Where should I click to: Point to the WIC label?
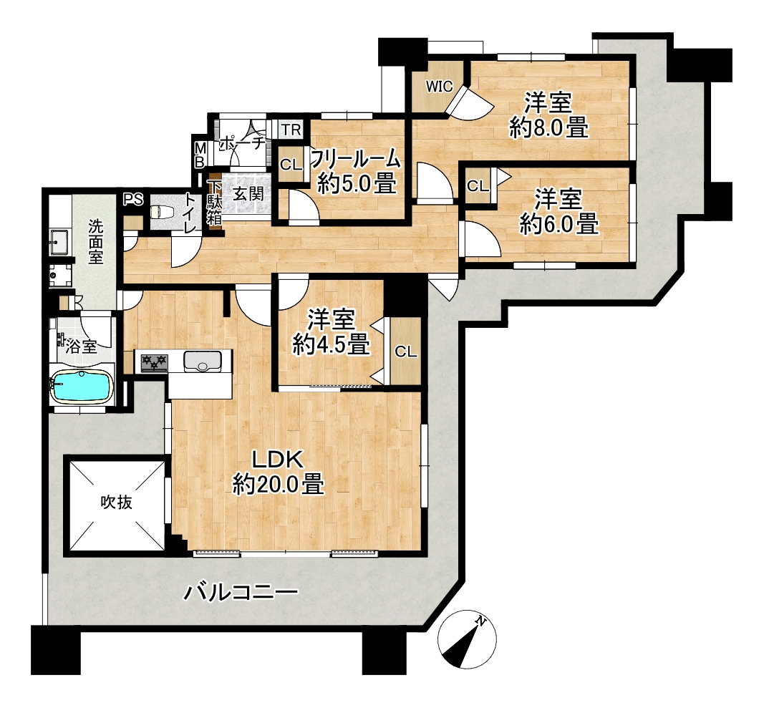pyautogui.click(x=440, y=87)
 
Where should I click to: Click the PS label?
pyautogui.click(x=133, y=199)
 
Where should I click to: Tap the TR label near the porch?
pyautogui.click(x=291, y=130)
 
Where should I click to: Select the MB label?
pyautogui.click(x=200, y=155)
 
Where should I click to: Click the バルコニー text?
pyautogui.click(x=240, y=593)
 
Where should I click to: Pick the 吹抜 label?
pyautogui.click(x=117, y=502)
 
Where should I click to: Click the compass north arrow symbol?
pyautogui.click(x=467, y=638)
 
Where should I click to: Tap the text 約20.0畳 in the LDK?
pyautogui.click(x=279, y=485)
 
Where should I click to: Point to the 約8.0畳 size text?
pyautogui.click(x=548, y=127)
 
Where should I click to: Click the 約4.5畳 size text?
pyautogui.click(x=331, y=345)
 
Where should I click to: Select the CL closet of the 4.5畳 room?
pyautogui.click(x=406, y=351)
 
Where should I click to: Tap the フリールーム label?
pyautogui.click(x=356, y=158)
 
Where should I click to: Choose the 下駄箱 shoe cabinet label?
pyautogui.click(x=214, y=203)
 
